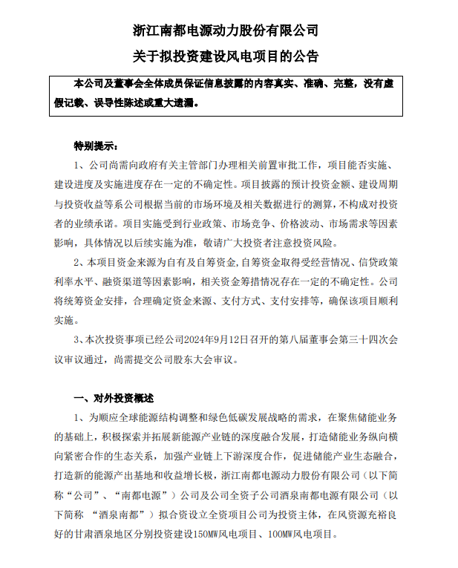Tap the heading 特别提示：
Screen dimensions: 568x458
(x=95, y=146)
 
